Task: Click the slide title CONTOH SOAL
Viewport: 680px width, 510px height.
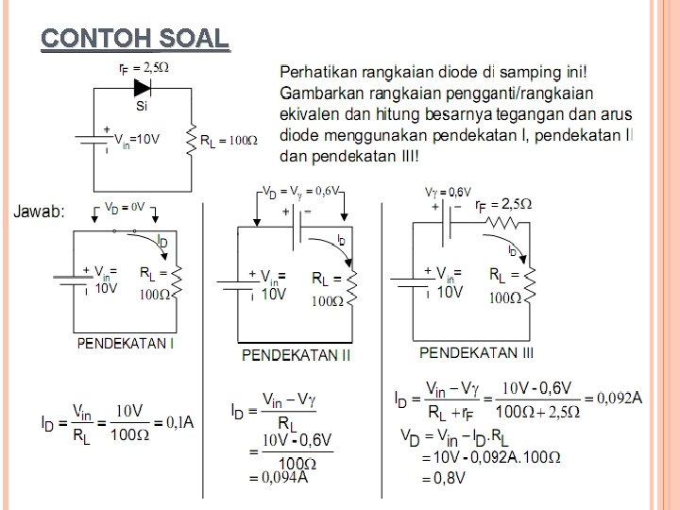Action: [135, 39]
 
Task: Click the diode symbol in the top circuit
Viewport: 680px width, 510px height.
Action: [144, 88]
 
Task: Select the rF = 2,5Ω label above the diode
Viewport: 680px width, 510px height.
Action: [144, 67]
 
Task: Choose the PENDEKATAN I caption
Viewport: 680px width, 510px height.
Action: [126, 344]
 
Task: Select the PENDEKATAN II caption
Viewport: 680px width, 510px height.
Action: [297, 355]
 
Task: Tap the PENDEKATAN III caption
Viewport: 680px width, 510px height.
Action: [476, 352]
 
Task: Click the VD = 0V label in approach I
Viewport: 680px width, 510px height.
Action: [123, 206]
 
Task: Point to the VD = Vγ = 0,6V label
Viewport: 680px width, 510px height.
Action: [301, 191]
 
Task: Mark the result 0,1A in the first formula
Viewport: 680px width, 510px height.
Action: [179, 421]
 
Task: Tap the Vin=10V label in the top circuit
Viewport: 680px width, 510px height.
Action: [138, 138]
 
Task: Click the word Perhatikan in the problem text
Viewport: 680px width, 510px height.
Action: [316, 73]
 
